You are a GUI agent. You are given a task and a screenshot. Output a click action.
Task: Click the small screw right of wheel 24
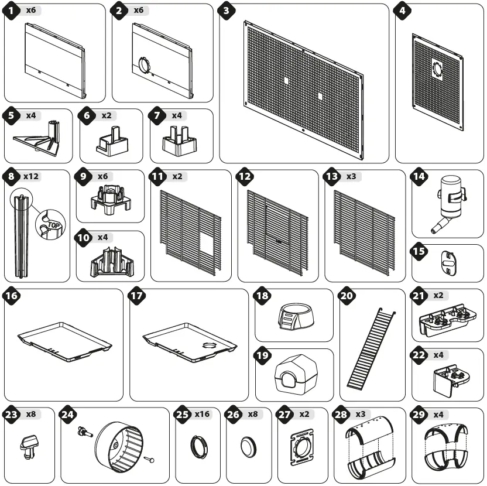coord(150,460)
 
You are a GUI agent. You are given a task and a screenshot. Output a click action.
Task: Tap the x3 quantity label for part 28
coord(361,415)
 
